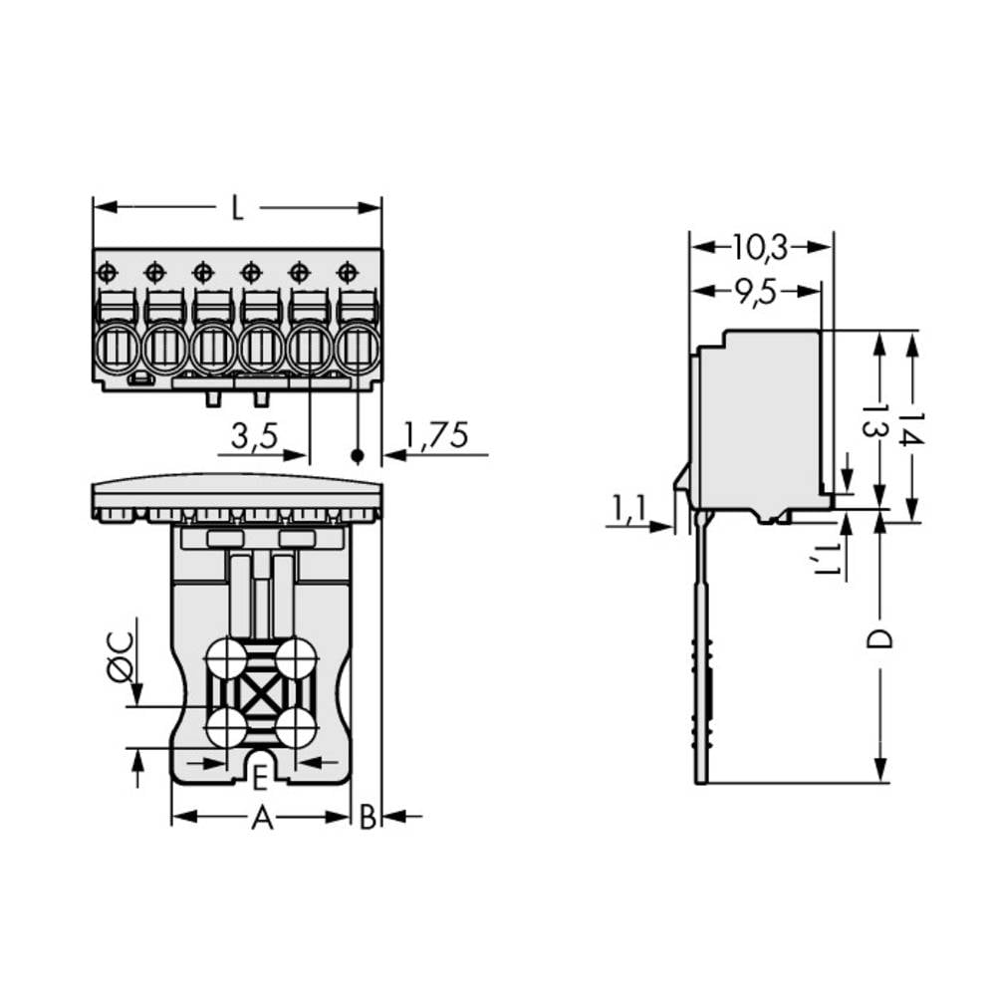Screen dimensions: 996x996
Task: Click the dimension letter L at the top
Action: (x=236, y=209)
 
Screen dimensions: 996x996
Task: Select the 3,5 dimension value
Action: (x=254, y=436)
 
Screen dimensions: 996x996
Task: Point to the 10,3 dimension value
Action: (x=761, y=245)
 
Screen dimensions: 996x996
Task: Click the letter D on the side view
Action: (x=878, y=638)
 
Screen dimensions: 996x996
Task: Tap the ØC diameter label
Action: (x=118, y=657)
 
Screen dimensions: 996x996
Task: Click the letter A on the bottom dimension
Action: (x=261, y=819)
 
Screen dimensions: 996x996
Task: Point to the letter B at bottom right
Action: (x=368, y=819)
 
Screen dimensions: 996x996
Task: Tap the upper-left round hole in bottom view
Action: (x=226, y=658)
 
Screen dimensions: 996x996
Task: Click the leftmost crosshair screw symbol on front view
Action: (x=108, y=272)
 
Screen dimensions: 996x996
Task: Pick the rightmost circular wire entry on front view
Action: (x=357, y=349)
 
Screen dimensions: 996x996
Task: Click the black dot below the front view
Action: (x=357, y=456)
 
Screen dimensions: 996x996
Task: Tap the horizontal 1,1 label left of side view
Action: (x=628, y=508)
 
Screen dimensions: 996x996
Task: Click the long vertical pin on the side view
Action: (x=700, y=647)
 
